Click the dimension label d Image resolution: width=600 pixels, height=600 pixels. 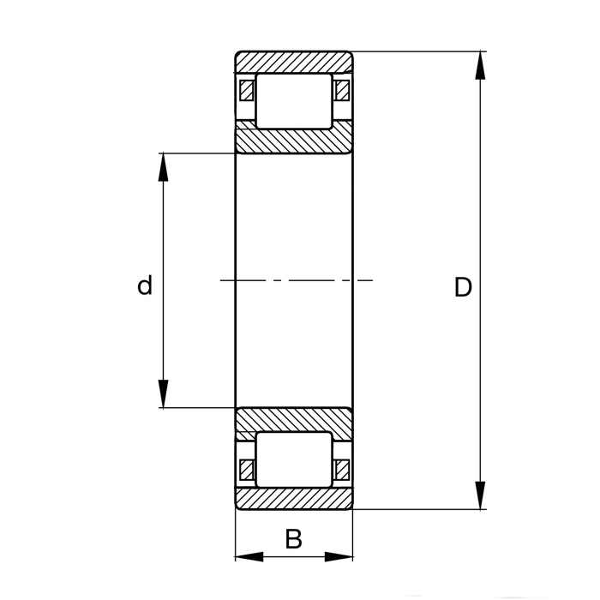[145, 285]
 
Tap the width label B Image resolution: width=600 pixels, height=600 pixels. [293, 539]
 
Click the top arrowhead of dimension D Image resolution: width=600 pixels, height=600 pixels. [481, 65]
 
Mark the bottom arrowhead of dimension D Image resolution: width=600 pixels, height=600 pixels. [481, 496]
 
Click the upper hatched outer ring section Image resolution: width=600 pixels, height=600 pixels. [294, 62]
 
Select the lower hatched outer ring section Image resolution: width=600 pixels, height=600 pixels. [294, 500]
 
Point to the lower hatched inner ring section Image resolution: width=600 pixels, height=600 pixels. [294, 420]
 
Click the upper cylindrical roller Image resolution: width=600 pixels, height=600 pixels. [294, 101]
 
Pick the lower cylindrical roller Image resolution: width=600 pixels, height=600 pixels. [294, 460]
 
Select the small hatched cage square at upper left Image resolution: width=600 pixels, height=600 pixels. [247, 90]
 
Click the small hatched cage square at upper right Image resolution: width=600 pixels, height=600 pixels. [342, 90]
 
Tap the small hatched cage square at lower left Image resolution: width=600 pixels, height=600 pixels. [247, 469]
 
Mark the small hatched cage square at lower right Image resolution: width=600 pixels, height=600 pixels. [342, 469]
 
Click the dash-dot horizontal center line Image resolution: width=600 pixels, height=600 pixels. [296, 280]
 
